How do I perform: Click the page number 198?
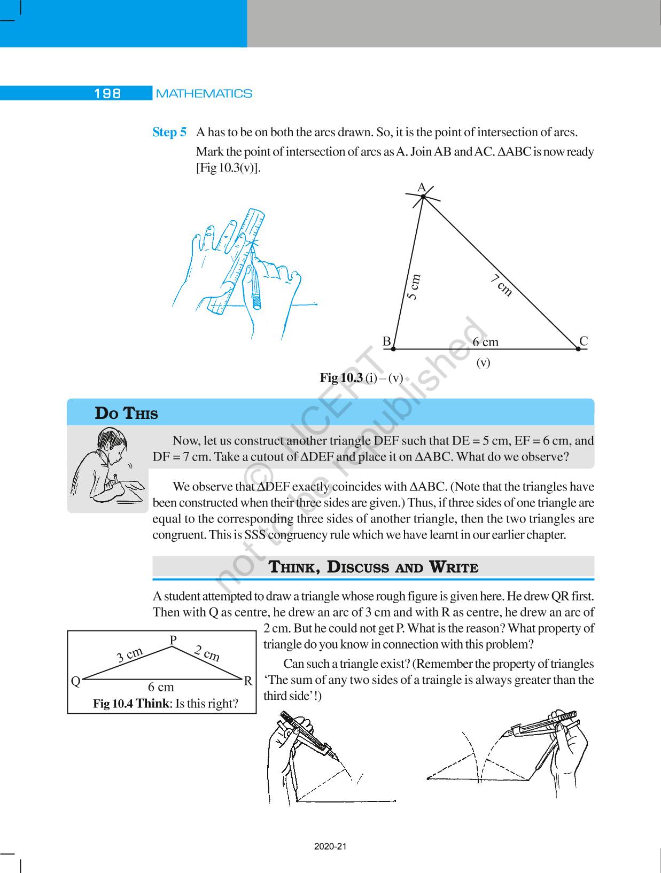[108, 93]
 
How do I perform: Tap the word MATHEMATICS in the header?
[204, 93]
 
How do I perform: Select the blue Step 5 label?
[169, 132]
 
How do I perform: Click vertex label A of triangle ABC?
[421, 188]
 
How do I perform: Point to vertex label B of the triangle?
[387, 341]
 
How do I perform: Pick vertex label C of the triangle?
[584, 341]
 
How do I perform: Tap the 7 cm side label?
[502, 285]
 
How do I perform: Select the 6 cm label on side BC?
[485, 342]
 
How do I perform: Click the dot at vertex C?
[578, 349]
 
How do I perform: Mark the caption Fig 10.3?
[341, 378]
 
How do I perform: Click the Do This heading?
[126, 414]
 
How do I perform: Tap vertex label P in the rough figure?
[173, 640]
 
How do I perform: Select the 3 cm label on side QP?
[130, 654]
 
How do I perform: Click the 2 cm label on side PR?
[207, 653]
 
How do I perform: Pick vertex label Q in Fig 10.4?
[76, 681]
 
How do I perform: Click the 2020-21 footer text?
[330, 847]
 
